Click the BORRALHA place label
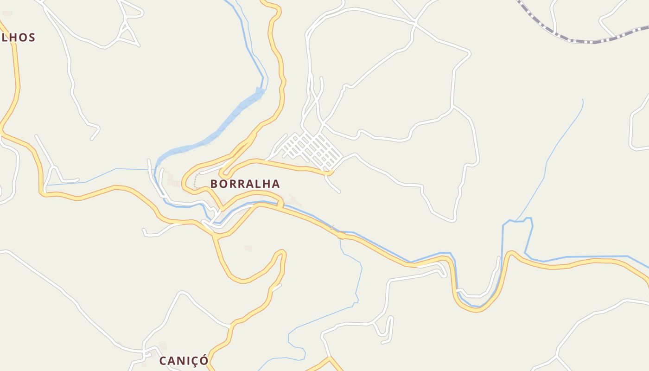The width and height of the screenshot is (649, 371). pyautogui.click(x=245, y=184)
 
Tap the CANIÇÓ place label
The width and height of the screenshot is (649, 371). pyautogui.click(x=184, y=361)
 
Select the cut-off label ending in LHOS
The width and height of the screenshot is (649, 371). pyautogui.click(x=18, y=38)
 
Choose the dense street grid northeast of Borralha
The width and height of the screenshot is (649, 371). pyautogui.click(x=313, y=149)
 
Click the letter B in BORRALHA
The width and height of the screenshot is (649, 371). pyautogui.click(x=214, y=184)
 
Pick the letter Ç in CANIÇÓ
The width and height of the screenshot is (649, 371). pyautogui.click(x=195, y=361)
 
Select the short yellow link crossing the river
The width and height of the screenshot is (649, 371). pyautogui.click(x=280, y=204)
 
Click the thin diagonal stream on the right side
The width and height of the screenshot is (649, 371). pyautogui.click(x=556, y=148)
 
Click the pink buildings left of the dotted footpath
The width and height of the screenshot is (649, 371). pyautogui.click(x=173, y=182)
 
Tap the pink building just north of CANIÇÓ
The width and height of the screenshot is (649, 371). pyautogui.click(x=162, y=346)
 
